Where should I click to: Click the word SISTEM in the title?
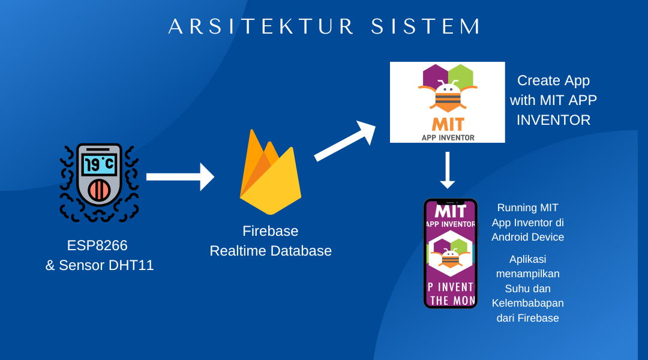click(426, 26)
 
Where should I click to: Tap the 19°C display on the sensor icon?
click(99, 164)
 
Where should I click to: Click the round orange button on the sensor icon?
click(99, 190)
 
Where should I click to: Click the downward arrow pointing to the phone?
click(448, 170)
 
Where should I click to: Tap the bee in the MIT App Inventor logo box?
click(448, 96)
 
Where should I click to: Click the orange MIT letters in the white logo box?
click(448, 125)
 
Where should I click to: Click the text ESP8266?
click(97, 245)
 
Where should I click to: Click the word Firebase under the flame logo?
click(270, 231)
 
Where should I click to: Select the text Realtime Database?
click(270, 251)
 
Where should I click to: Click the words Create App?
click(553, 80)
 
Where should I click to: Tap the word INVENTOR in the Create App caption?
click(553, 120)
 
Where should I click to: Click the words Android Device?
click(527, 237)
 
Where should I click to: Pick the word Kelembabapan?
click(527, 303)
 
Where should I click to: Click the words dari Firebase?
click(527, 318)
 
